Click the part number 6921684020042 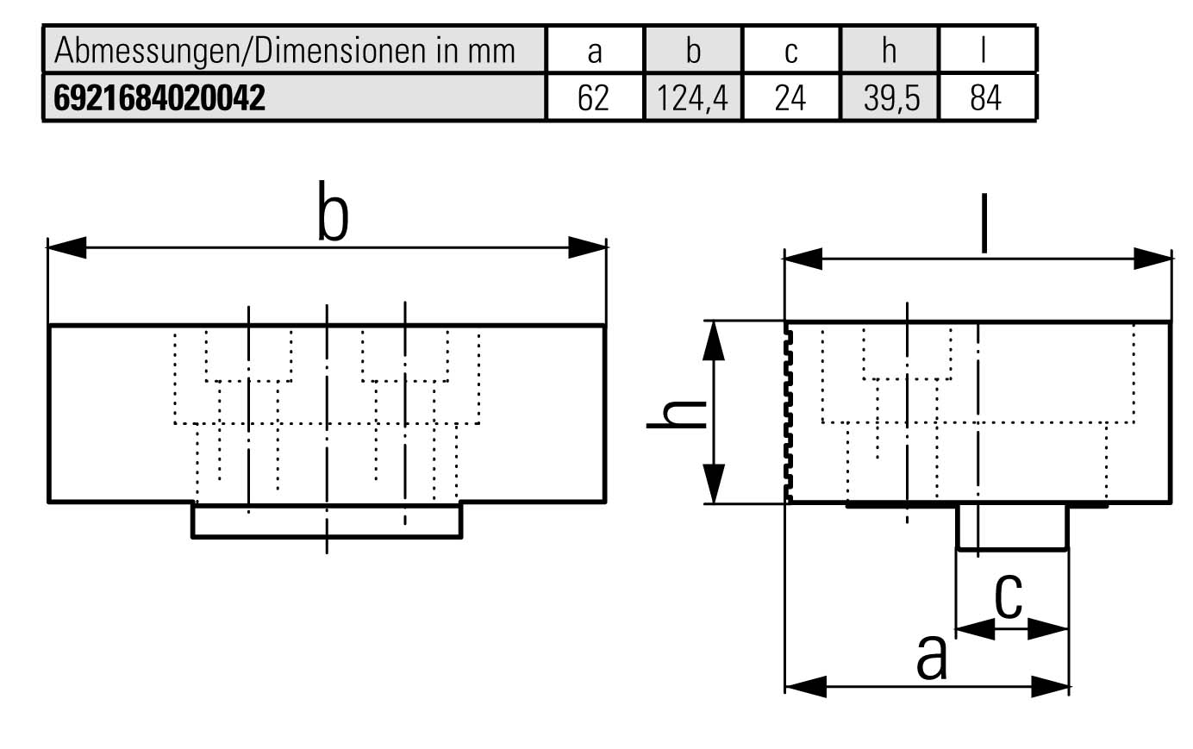pyautogui.click(x=159, y=98)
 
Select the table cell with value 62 pyautogui.click(x=593, y=98)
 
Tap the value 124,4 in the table pyautogui.click(x=692, y=98)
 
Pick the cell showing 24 pyautogui.click(x=790, y=98)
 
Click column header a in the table pyautogui.click(x=594, y=51)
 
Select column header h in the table pyautogui.click(x=889, y=51)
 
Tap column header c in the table pyautogui.click(x=790, y=51)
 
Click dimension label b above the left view pyautogui.click(x=333, y=211)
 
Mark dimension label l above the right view pyautogui.click(x=984, y=226)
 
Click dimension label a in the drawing pyautogui.click(x=931, y=658)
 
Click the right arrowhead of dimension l pyautogui.click(x=1152, y=259)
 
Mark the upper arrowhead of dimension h pyautogui.click(x=713, y=340)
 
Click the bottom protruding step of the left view pyautogui.click(x=326, y=521)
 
